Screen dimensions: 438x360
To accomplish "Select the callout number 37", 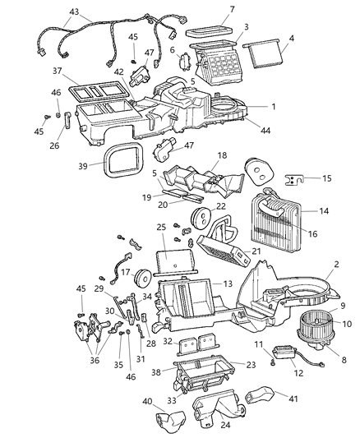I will click(58, 71).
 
